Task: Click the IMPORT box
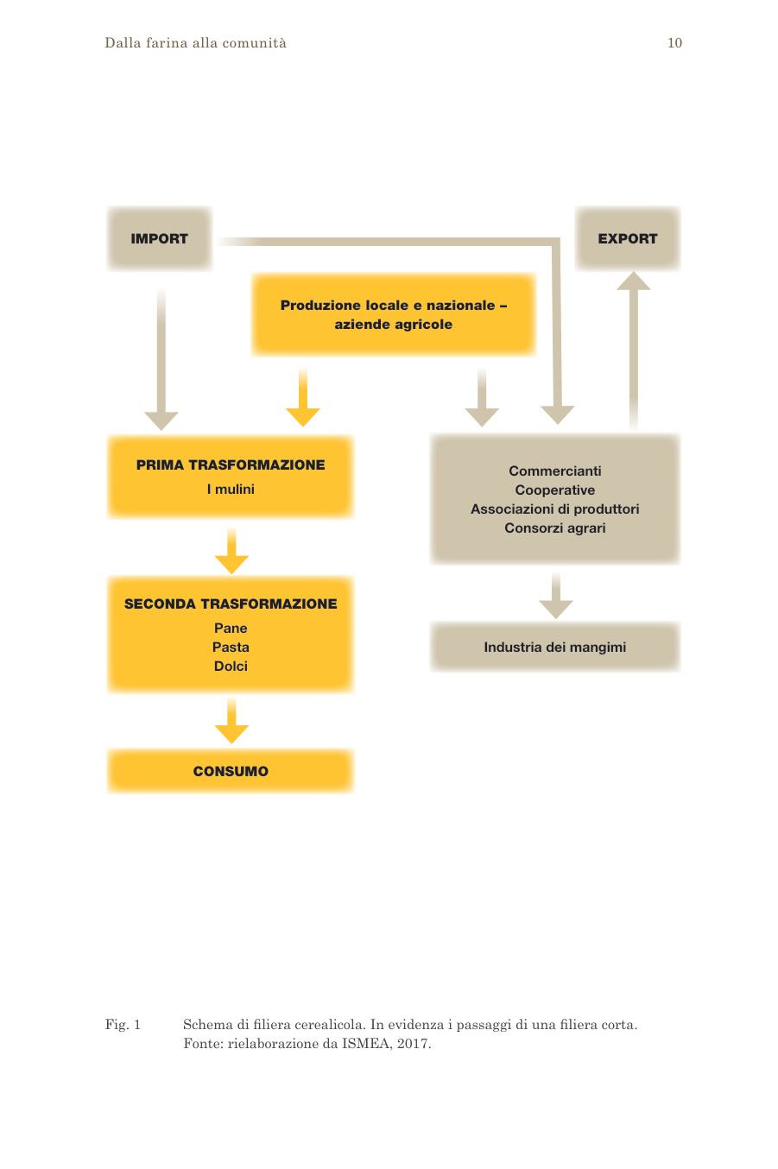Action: click(159, 238)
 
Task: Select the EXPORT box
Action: click(627, 238)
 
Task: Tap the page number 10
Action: click(674, 43)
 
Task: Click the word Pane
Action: click(231, 628)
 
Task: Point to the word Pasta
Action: click(231, 648)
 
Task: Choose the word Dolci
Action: click(231, 666)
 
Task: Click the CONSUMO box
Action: click(231, 771)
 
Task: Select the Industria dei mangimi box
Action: click(555, 647)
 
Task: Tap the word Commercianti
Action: click(555, 471)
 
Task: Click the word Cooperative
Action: click(555, 490)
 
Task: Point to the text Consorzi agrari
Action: click(555, 528)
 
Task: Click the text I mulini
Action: click(231, 489)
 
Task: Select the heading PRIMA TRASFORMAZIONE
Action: click(231, 464)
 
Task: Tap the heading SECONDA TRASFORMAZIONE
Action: click(231, 603)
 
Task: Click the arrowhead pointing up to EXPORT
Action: click(634, 281)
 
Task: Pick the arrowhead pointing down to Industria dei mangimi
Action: click(556, 609)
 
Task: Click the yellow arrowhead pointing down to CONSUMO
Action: click(231, 734)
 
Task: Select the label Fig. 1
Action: click(123, 1025)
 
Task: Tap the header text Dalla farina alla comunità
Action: click(195, 43)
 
